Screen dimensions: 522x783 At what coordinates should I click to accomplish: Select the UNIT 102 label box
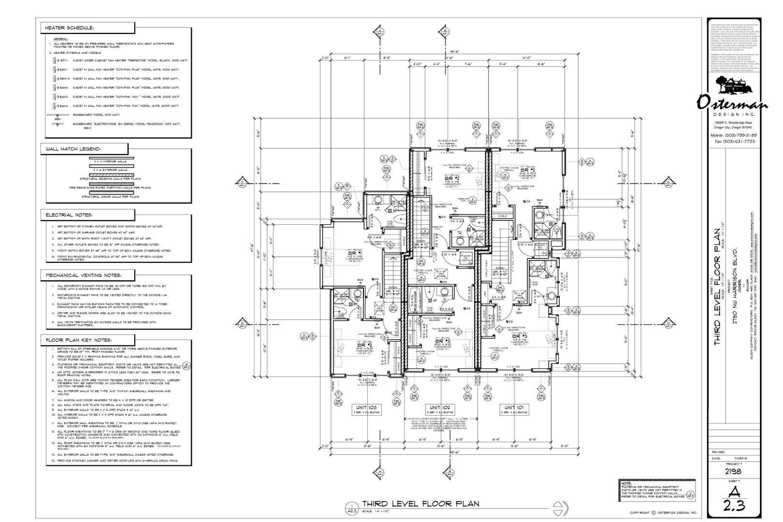[x=439, y=409]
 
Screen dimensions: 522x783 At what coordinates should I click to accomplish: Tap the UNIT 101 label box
[x=514, y=409]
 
